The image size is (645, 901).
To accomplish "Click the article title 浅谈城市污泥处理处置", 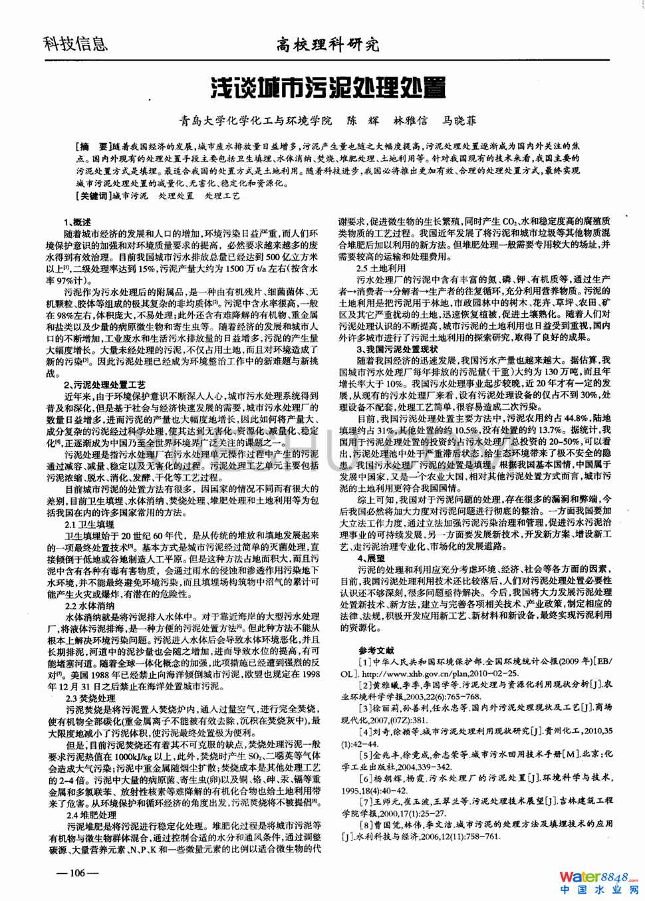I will click(x=328, y=87).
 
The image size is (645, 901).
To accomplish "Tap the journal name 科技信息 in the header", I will click(x=75, y=44).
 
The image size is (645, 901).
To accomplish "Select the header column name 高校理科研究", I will click(x=328, y=45).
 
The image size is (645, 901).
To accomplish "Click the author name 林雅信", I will click(x=410, y=121).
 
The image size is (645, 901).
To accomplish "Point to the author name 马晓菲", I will click(x=459, y=121).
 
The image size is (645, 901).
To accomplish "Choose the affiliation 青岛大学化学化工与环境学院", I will click(x=255, y=121).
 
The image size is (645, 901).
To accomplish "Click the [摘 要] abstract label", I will click(x=94, y=146).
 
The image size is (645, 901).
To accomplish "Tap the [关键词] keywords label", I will click(x=94, y=196).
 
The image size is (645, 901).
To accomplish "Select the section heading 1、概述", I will click(x=78, y=222).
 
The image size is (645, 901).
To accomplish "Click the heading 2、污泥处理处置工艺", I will click(x=104, y=385).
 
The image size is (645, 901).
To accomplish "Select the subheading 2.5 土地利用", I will click(x=381, y=268).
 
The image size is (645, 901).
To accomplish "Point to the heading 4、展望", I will click(x=371, y=559).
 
